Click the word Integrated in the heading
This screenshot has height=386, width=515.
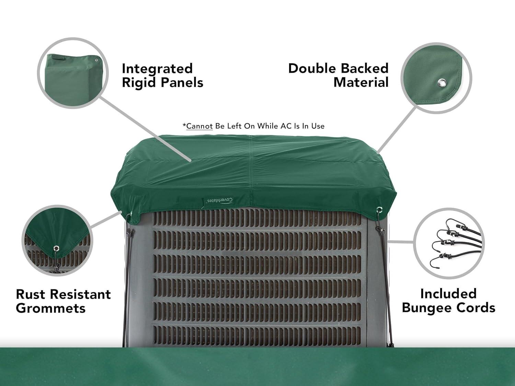tap(157, 69)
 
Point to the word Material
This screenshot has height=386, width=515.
tap(361, 82)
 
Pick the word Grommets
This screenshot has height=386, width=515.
tap(50, 308)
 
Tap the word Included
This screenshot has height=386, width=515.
tap(448, 294)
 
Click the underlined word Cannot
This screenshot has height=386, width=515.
tap(199, 126)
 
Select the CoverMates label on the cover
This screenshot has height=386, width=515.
tap(220, 200)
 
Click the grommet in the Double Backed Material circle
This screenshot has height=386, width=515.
tap(441, 82)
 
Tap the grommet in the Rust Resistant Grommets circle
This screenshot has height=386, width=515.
tap(56, 248)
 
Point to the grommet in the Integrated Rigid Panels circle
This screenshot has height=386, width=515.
tap(96, 60)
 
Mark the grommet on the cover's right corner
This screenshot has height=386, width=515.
tap(379, 209)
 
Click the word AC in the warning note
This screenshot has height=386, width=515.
tap(286, 126)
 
